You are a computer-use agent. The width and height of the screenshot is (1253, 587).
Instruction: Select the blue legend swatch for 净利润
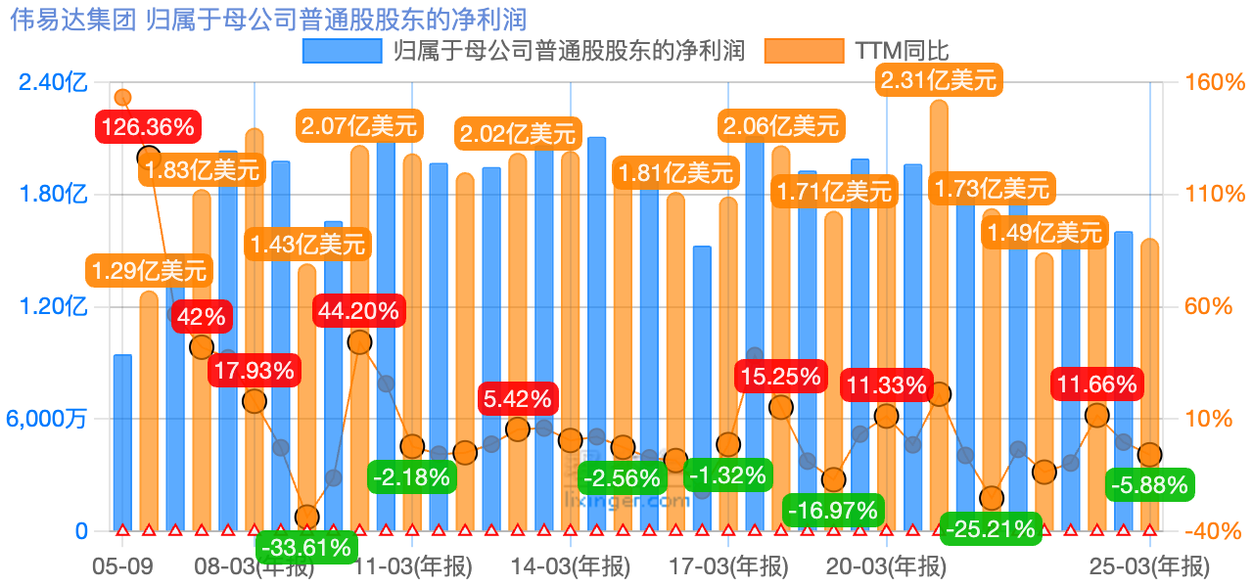tap(342, 51)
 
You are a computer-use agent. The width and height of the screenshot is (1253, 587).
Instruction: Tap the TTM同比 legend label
tap(902, 51)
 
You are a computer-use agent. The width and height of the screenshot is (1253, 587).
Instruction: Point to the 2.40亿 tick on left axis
tap(53, 82)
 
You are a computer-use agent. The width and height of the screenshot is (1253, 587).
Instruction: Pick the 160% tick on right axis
tap(1214, 82)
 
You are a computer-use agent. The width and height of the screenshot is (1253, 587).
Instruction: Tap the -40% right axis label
tap(1214, 532)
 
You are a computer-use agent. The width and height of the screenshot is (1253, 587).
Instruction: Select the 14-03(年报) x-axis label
tap(571, 566)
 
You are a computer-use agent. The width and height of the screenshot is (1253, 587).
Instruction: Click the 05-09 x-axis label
tap(122, 566)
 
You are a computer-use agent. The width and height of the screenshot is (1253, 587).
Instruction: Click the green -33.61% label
tap(305, 547)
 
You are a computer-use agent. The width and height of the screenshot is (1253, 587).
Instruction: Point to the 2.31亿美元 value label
tap(938, 79)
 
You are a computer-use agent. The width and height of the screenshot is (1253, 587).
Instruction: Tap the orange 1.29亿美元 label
tap(149, 269)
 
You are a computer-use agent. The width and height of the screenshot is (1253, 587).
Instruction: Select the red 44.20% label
tap(358, 311)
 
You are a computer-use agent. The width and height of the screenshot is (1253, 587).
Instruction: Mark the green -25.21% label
tap(989, 530)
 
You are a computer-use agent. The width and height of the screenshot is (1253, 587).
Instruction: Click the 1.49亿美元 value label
tap(1044, 233)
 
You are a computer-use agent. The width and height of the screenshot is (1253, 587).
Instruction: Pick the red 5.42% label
tap(518, 399)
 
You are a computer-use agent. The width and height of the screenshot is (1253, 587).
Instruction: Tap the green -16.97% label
tap(833, 510)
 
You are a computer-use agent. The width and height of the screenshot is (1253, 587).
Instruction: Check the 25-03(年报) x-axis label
tap(1150, 566)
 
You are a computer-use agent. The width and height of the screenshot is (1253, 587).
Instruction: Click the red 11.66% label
tap(1096, 384)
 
